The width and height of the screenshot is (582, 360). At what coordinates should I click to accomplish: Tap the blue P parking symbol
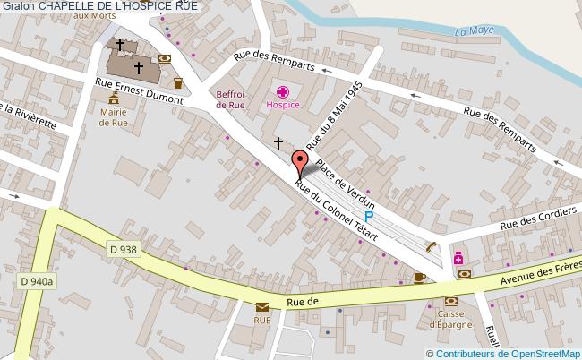pyautogui.click(x=368, y=218)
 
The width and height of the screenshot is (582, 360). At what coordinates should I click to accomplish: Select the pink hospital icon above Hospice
pyautogui.click(x=283, y=91)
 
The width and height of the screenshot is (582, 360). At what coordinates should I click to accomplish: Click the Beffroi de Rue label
pyautogui.click(x=231, y=99)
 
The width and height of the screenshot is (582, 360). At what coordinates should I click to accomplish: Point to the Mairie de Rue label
pyautogui.click(x=114, y=118)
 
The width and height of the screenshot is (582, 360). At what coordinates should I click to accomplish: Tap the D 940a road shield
pyautogui.click(x=37, y=282)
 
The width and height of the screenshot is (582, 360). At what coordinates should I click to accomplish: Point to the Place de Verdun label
pyautogui.click(x=345, y=182)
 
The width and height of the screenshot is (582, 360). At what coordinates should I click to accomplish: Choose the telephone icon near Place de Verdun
pyautogui.click(x=432, y=246)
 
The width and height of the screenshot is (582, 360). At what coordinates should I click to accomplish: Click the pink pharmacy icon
pyautogui.click(x=458, y=259)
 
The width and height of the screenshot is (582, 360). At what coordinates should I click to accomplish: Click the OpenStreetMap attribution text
pyautogui.click(x=509, y=352)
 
